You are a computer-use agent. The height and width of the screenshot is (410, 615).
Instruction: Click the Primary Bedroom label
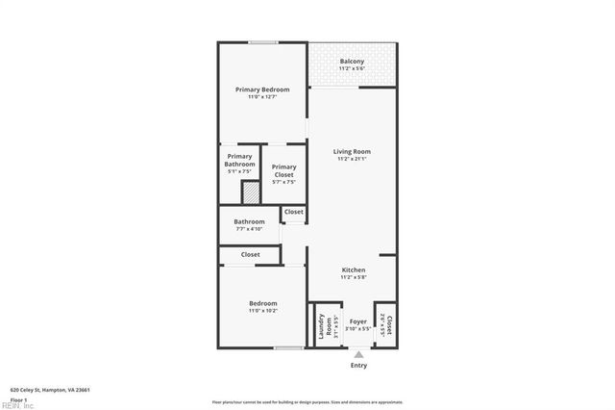coord(262,90)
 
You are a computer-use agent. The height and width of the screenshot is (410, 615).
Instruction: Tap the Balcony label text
coord(352,62)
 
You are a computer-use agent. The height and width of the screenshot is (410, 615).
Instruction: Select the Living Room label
coord(352,151)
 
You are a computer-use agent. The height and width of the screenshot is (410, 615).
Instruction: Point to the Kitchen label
coord(354,269)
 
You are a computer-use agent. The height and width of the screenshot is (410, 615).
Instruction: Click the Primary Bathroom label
coord(239,160)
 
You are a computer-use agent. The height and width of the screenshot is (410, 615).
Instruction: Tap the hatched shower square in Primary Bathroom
coord(250,193)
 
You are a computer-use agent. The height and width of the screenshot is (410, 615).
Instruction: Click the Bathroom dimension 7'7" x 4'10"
coord(249,229)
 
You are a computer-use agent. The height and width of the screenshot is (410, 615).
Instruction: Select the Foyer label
coord(357,321)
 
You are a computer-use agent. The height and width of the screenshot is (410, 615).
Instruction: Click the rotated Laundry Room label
coord(325,329)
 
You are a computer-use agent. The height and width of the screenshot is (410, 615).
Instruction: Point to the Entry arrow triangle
coord(358,354)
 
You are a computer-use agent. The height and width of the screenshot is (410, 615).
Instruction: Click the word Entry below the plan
coord(358,366)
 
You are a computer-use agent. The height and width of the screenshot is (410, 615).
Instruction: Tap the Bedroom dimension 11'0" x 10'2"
coord(262,311)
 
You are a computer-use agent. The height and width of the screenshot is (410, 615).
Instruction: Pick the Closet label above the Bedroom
coord(250,254)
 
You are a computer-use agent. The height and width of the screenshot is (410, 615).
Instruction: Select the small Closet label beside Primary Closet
coord(293,212)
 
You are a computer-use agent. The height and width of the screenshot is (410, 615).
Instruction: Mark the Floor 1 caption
coord(19,398)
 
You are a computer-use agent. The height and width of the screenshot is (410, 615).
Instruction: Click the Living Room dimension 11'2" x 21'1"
coord(352,159)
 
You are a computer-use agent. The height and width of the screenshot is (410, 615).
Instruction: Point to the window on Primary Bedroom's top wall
coord(262,42)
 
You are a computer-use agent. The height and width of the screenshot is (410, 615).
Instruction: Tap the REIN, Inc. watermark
coord(16,406)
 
